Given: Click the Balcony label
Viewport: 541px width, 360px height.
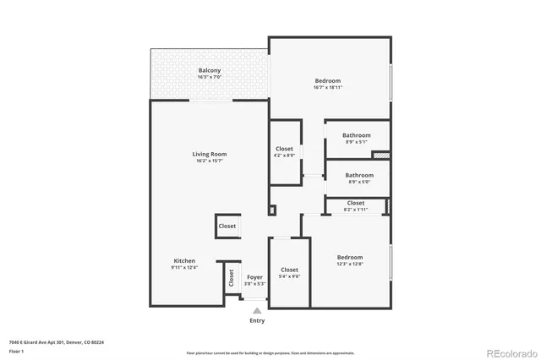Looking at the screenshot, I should tap(210, 70).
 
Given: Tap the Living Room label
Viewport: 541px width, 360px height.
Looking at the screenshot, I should tap(209, 154).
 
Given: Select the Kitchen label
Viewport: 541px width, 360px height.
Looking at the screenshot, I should tap(184, 260).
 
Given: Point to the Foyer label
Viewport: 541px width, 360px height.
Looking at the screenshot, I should tap(254, 276).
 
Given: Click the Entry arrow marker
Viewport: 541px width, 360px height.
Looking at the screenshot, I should tap(257, 310).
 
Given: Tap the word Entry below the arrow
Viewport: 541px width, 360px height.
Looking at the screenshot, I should tap(257, 320).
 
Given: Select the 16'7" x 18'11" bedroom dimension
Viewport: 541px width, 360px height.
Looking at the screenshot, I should tap(327, 87).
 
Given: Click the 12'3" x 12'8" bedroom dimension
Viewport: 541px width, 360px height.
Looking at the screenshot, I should tap(350, 265).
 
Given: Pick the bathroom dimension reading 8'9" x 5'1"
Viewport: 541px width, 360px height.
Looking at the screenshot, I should tap(356, 142).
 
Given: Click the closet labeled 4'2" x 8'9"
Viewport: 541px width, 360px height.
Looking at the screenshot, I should tap(284, 155).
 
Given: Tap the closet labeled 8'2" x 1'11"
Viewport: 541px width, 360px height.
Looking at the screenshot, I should tap(356, 210).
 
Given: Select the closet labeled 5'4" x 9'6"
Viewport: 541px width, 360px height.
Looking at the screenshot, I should tap(289, 276).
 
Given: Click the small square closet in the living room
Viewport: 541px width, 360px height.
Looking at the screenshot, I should tap(227, 226).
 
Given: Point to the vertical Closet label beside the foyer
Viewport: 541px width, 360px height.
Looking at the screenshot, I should tap(230, 278).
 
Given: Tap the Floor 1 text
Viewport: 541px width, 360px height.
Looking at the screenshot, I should tap(17, 350).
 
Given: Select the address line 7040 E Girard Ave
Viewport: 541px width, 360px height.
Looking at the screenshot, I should tap(56, 342).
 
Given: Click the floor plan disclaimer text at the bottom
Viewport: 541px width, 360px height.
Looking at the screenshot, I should tap(270, 352).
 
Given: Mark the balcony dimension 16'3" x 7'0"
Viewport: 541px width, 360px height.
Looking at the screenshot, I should tap(210, 78).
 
